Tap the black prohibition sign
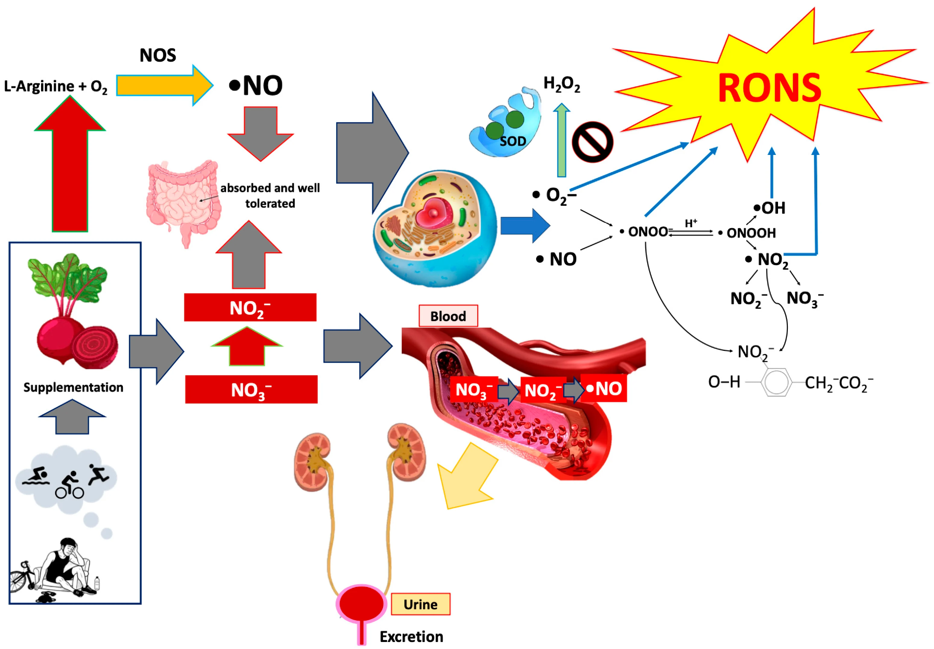(592, 142)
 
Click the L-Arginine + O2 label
(56, 86)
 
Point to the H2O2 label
(561, 84)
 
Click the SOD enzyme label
(512, 141)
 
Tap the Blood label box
(448, 316)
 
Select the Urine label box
(420, 604)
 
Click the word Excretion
(411, 636)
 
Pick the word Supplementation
(73, 387)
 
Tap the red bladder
(361, 603)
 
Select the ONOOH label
(750, 233)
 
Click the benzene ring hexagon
(776, 382)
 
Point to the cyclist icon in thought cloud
(70, 485)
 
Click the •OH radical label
(769, 208)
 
